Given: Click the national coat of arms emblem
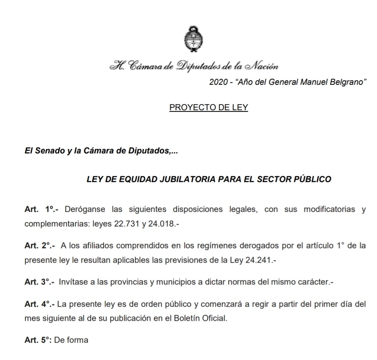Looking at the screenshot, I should point(191,40).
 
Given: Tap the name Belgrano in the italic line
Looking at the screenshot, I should point(350,82).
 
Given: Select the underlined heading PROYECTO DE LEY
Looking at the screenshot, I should point(208,108).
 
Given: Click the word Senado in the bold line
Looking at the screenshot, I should point(50,153).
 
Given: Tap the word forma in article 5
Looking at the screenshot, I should point(79,340).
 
